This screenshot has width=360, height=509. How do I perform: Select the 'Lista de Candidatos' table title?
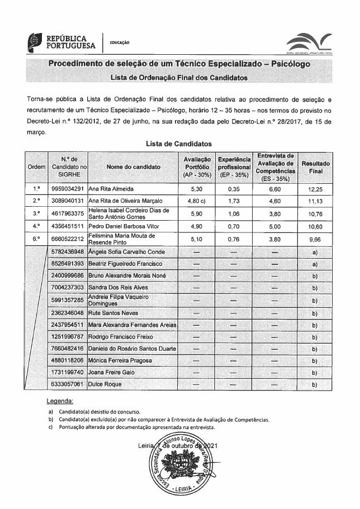tap(179, 144)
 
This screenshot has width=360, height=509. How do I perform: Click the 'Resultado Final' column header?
tap(316, 167)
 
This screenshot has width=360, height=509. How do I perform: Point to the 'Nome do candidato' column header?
tap(134, 167)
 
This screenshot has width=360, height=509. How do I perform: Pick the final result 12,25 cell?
tap(316, 189)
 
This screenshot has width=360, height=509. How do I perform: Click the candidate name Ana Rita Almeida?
tap(112, 189)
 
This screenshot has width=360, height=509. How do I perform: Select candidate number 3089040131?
tap(67, 201)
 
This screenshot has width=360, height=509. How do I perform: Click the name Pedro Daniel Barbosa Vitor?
tap(124, 226)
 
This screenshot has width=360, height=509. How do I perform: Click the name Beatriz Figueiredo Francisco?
tap(123, 263)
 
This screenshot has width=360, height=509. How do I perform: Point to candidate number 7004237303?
tap(67, 287)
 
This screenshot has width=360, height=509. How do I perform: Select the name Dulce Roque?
tap(106, 384)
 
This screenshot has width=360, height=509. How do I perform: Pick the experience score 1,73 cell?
tap(235, 201)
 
